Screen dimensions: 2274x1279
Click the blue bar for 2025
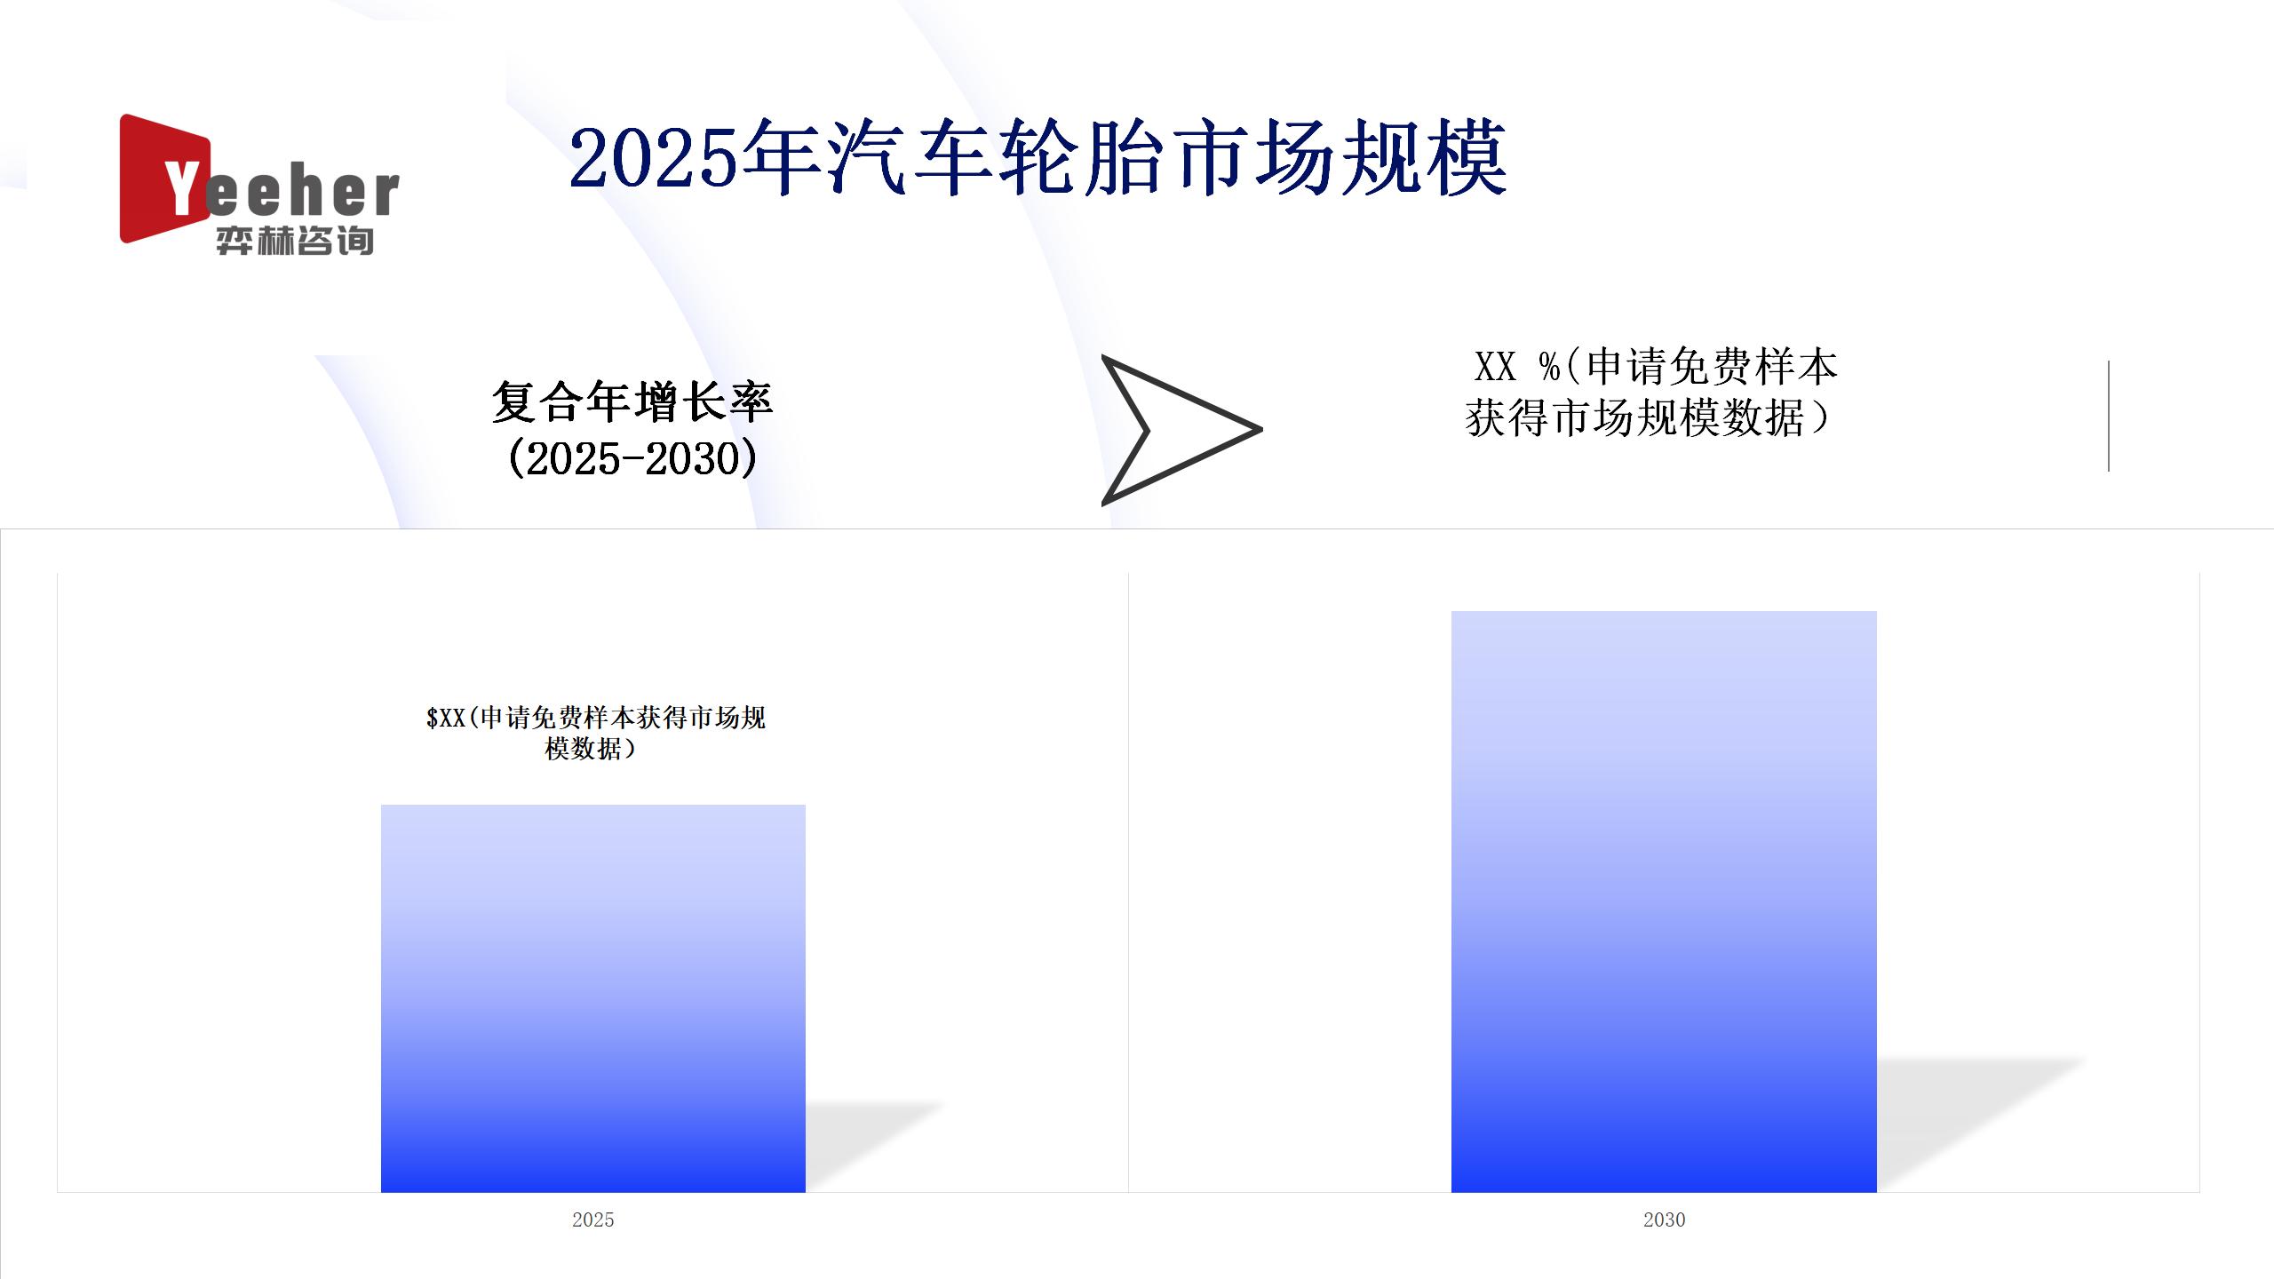coord(593,998)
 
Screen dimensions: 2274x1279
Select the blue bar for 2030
coord(1664,902)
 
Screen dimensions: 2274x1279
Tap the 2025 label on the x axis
coord(593,1219)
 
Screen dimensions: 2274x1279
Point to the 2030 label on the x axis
coord(1664,1219)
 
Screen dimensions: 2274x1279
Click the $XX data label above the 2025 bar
coord(595,733)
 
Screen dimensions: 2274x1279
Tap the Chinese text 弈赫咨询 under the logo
coord(294,241)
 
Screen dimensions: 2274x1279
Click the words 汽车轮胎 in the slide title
coord(996,160)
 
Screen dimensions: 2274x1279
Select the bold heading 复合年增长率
coord(632,401)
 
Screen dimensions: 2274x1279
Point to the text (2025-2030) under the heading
coord(632,458)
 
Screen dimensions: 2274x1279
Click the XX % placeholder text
coord(1517,366)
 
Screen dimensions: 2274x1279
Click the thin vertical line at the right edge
coord(2108,416)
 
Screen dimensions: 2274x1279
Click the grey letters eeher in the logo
coord(303,192)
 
